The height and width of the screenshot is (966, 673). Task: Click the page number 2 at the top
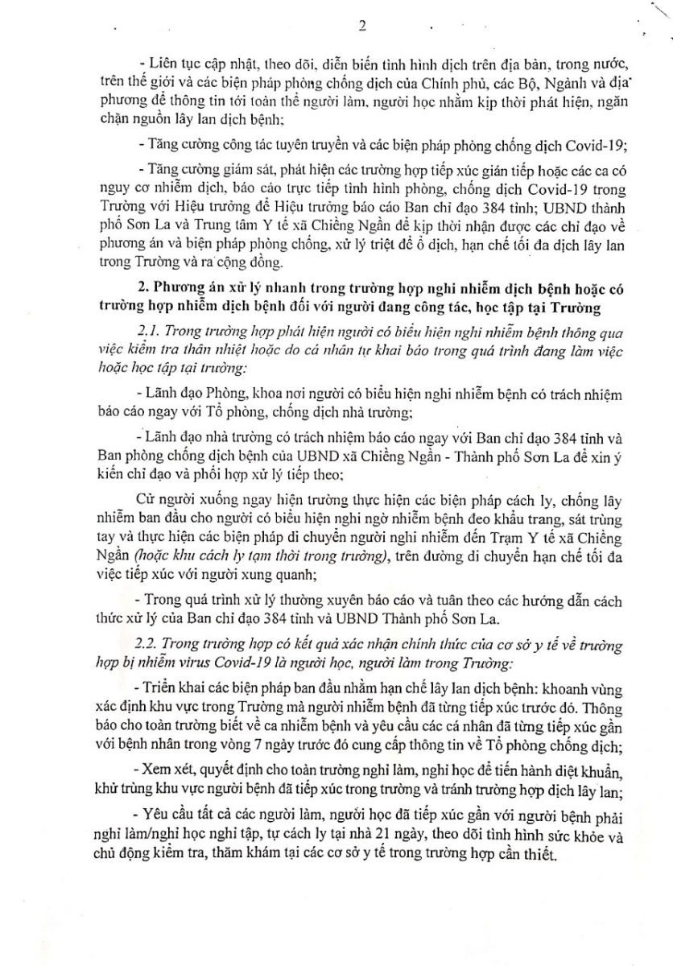point(361,25)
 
